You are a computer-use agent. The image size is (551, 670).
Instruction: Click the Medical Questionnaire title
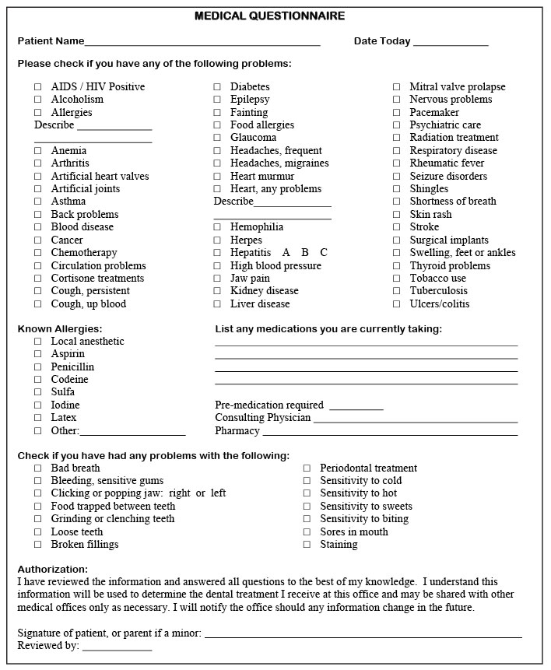(269, 16)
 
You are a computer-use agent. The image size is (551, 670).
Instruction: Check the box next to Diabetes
(217, 87)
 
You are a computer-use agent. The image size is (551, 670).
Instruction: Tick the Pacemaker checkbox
(397, 113)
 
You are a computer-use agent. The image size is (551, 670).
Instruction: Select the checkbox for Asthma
(38, 202)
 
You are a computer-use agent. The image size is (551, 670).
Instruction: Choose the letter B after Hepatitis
(305, 253)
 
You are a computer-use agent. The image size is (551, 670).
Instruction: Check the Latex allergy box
(38, 418)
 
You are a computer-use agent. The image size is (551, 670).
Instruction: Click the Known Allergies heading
(60, 329)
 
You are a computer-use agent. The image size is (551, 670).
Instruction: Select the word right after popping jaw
(180, 493)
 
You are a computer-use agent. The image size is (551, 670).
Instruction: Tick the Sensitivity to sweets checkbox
(307, 507)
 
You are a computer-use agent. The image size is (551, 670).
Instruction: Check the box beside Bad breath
(38, 468)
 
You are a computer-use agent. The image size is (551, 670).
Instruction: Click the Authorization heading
(53, 570)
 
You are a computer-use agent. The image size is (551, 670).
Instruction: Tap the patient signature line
(363, 636)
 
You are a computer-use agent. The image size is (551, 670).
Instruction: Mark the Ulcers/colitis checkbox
(397, 304)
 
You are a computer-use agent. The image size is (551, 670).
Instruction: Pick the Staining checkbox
(307, 545)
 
